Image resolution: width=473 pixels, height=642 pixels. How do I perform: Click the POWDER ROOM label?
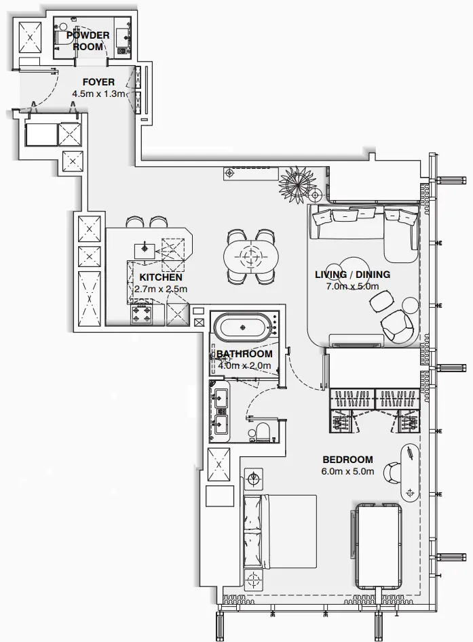click(88, 41)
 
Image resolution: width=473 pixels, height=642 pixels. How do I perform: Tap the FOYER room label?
click(98, 82)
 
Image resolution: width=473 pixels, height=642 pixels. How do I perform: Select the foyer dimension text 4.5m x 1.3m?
click(98, 94)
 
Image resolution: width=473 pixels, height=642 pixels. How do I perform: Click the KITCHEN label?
click(160, 277)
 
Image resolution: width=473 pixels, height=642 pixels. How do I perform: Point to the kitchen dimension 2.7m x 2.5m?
click(160, 289)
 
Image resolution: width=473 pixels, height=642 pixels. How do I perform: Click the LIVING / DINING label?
click(352, 275)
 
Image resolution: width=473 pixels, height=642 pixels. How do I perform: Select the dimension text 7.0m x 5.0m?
click(352, 287)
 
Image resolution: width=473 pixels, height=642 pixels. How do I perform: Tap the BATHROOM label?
click(244, 354)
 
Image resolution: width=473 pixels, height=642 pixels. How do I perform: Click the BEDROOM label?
click(347, 460)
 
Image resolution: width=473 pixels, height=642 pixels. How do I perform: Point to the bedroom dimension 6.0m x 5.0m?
click(347, 472)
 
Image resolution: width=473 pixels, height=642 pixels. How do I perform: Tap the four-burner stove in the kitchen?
click(142, 315)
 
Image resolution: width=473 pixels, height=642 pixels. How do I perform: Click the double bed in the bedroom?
click(280, 531)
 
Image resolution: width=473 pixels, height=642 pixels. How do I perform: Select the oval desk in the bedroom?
click(411, 473)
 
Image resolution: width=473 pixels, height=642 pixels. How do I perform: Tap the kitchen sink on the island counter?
click(144, 249)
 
